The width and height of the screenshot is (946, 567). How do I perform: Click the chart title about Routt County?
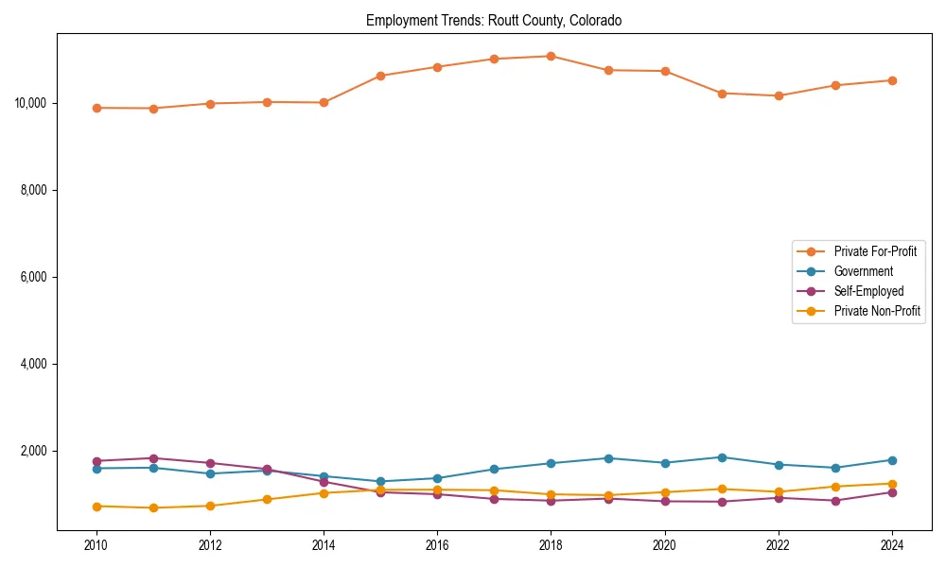point(494,21)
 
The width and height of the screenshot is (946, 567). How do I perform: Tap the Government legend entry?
point(863,271)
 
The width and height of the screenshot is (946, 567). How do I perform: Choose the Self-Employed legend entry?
point(868,291)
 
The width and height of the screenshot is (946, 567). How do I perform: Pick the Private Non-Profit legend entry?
point(877,311)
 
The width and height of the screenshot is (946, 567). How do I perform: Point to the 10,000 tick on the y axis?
point(32,103)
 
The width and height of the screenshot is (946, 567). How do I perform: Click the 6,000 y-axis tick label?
point(35,277)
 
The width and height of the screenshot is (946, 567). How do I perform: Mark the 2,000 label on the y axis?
point(35,451)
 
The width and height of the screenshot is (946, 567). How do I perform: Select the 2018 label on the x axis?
point(552,545)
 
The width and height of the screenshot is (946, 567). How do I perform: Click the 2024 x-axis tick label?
point(892,545)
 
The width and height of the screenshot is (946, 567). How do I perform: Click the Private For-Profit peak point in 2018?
point(552,56)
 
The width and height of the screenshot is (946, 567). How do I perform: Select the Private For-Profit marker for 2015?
point(380,76)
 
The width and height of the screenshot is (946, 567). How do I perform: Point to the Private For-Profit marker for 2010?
point(96,108)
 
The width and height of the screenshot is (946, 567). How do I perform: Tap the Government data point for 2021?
point(722,457)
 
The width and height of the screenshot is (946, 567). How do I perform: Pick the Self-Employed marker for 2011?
point(153,458)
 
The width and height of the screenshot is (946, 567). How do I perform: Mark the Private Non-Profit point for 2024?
point(892,484)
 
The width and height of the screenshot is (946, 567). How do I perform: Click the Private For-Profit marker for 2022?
point(779,95)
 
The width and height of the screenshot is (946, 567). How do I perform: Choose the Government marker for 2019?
point(608,458)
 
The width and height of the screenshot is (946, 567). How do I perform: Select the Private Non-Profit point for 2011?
point(153,507)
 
